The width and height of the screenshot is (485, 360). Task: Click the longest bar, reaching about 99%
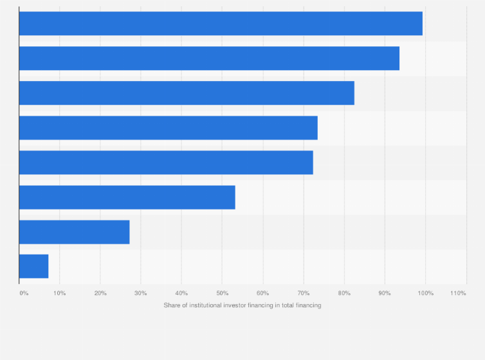(221, 24)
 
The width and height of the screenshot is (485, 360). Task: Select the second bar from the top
(209, 59)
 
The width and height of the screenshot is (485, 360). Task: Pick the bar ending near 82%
(187, 93)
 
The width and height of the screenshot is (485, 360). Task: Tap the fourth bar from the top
(168, 128)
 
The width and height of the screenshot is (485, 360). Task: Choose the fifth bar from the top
(166, 163)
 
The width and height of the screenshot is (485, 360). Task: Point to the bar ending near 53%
(127, 197)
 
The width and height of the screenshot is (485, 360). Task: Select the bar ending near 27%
(74, 232)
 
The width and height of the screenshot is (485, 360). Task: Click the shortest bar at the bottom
(33, 266)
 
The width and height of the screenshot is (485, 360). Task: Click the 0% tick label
(24, 293)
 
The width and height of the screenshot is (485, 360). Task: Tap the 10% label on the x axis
(59, 293)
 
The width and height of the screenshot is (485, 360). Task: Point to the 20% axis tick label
(100, 293)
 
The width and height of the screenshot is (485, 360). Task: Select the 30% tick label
(141, 293)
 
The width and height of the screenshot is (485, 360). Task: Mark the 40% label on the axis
(181, 293)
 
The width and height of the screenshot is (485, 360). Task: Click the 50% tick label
(222, 293)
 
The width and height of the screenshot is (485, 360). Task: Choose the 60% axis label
(262, 293)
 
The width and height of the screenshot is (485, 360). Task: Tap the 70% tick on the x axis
(303, 293)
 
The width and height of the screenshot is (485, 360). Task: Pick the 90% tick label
(385, 293)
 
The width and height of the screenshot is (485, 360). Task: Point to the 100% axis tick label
(425, 293)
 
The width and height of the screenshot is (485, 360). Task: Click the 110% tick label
(458, 293)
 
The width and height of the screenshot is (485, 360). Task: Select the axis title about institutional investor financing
(243, 305)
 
